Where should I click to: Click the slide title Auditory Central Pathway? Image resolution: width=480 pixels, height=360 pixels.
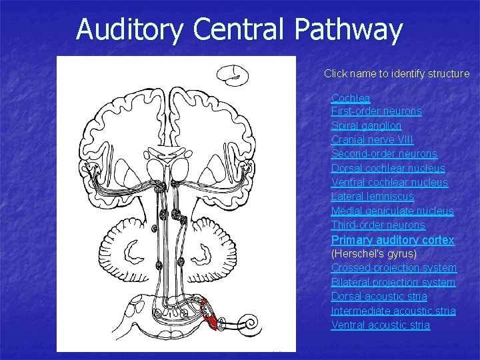(x=239, y=29)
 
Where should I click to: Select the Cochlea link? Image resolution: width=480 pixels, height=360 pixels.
(x=351, y=98)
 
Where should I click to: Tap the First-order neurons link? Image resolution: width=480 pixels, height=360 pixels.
(x=376, y=111)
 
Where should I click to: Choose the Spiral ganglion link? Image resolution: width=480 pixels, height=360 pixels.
(x=366, y=125)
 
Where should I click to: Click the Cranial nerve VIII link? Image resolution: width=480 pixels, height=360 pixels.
(x=372, y=139)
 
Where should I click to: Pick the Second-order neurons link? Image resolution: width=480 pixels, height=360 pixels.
(x=384, y=154)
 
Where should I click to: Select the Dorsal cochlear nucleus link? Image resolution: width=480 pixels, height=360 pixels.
(x=388, y=168)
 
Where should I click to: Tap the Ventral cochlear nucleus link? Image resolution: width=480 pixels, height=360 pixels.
(x=389, y=182)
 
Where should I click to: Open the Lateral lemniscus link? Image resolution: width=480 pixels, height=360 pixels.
(x=372, y=197)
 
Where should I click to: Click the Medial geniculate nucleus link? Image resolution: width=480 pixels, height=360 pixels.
(x=392, y=211)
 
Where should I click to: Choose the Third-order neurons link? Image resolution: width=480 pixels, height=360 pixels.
(x=378, y=225)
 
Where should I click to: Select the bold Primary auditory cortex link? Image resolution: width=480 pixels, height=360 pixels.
(x=393, y=239)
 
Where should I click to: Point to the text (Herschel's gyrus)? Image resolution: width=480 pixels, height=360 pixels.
(x=373, y=254)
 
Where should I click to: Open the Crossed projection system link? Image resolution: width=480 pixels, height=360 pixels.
(x=393, y=268)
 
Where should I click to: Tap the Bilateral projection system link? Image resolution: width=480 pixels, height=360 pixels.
(x=393, y=282)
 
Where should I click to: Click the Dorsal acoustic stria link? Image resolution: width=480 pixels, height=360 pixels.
(x=379, y=297)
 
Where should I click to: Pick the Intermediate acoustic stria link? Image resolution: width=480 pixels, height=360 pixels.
(x=393, y=311)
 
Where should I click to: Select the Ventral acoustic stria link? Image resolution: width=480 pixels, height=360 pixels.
(x=380, y=325)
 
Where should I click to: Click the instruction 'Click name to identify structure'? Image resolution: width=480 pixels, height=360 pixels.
(x=397, y=74)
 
